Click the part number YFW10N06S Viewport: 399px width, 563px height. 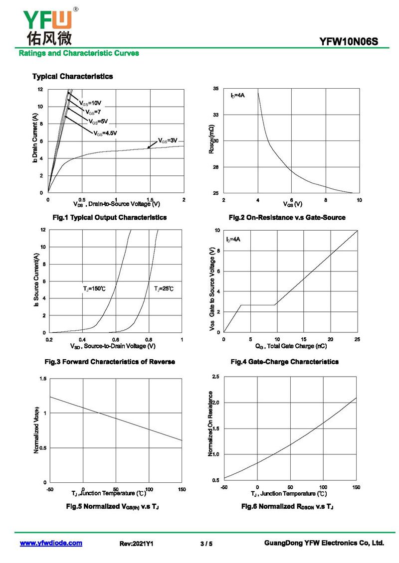point(348,42)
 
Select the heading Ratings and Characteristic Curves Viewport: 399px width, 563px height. point(79,53)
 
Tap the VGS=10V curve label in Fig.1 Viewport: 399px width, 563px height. point(90,104)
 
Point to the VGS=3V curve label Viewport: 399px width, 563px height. point(168,141)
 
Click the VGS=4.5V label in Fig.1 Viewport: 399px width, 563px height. point(105,133)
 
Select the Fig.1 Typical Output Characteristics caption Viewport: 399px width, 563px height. point(110,217)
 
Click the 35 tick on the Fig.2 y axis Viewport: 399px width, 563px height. point(215,88)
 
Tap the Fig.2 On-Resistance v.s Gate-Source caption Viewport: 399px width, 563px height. point(287,217)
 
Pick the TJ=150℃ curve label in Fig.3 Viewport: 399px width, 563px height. point(94,288)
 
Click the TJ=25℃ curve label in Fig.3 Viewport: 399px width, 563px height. point(164,288)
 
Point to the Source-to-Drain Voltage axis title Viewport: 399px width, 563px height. point(113,346)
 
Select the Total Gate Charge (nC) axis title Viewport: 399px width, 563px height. point(291,346)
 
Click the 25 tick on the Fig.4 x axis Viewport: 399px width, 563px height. point(357,339)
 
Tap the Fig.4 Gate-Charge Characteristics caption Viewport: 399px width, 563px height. point(285,362)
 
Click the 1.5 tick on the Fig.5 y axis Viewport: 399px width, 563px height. point(43,379)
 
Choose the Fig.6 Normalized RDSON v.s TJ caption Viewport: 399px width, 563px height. point(287,507)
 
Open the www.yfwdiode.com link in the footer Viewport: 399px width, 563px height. point(51,543)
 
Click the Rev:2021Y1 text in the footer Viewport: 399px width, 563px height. point(136,544)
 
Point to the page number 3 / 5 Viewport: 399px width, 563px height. point(206,544)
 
